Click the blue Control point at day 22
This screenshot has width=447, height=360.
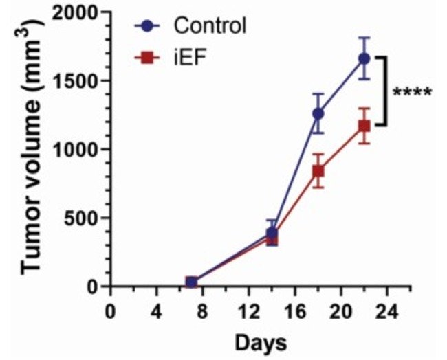coord(364,58)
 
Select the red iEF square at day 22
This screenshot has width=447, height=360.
coord(364,126)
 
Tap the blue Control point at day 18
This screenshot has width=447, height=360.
coord(318,113)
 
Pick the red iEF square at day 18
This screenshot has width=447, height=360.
coord(318,171)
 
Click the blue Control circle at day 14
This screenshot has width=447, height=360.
coord(272,233)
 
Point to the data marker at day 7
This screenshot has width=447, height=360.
coord(191,282)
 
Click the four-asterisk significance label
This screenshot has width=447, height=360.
coord(412,93)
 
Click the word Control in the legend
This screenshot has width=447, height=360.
coord(210,25)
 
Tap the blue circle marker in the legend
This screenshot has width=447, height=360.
coord(146,26)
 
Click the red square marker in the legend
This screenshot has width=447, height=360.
coord(146,58)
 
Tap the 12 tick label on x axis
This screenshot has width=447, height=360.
coord(248,311)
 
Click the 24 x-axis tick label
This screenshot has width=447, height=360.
coord(387,311)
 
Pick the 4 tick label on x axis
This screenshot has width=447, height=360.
coord(156,311)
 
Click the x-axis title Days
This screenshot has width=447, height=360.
coord(261,344)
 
